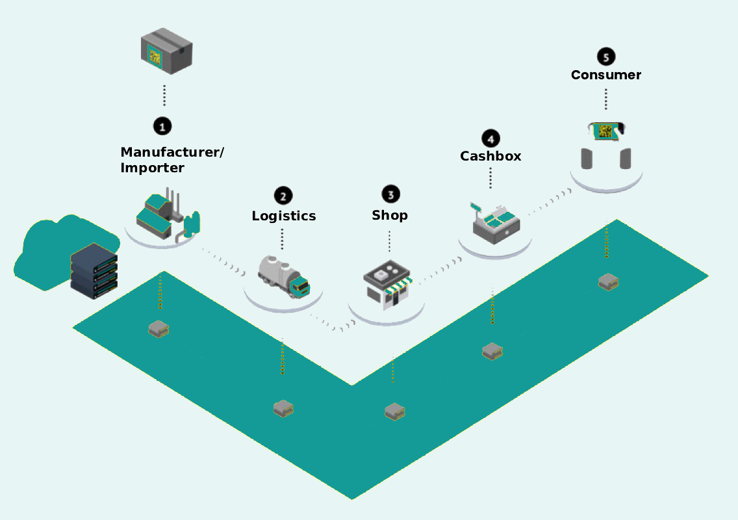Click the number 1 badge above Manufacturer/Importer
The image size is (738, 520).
pyautogui.click(x=162, y=125)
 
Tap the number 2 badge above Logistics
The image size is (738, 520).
pyautogui.click(x=283, y=195)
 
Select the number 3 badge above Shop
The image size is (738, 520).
pyautogui.click(x=390, y=193)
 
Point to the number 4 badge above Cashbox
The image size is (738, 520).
pyautogui.click(x=490, y=138)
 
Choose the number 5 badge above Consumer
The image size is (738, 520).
pyautogui.click(x=606, y=57)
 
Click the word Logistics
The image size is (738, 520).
pyautogui.click(x=284, y=216)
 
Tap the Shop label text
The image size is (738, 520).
pyautogui.click(x=390, y=215)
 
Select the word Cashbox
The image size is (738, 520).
pyautogui.click(x=490, y=157)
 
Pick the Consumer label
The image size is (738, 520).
pyautogui.click(x=606, y=75)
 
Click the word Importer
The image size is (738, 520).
pyautogui.click(x=153, y=168)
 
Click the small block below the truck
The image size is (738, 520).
pyautogui.click(x=283, y=408)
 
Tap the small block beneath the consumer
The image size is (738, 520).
pyautogui.click(x=608, y=281)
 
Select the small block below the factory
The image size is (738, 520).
pyautogui.click(x=159, y=328)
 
